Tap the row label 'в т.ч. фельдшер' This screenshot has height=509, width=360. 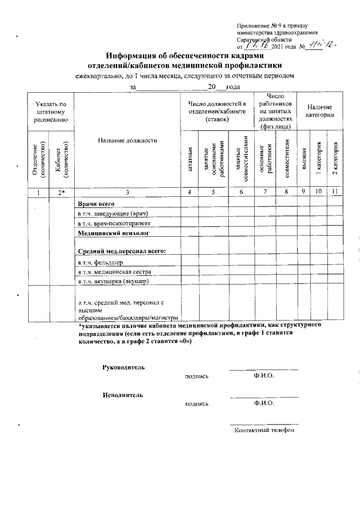pos(100,263)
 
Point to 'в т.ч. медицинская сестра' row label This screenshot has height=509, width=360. pos(115,272)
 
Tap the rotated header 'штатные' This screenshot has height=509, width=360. pos(191,159)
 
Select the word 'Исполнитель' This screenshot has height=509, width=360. pos(122,395)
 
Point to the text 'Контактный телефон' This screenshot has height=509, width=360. pos(264,430)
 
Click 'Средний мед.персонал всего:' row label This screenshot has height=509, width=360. pos(121,251)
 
